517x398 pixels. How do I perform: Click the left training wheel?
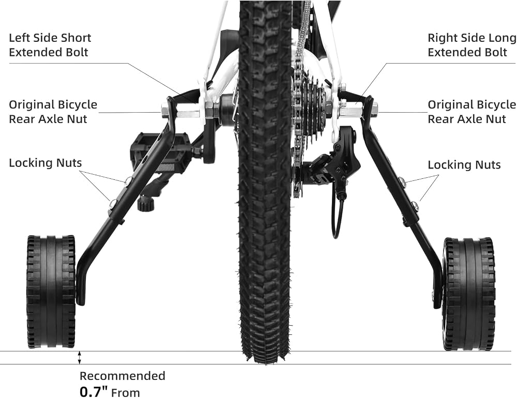pyautogui.click(x=51, y=292)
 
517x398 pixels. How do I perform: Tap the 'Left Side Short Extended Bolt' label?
pyautogui.click(x=50, y=45)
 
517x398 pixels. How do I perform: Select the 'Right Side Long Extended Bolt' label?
pyautogui.click(x=472, y=45)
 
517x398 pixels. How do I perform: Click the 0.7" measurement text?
pyautogui.click(x=94, y=392)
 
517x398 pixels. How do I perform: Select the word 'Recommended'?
pyautogui.click(x=123, y=376)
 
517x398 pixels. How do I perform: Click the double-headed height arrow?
pyautogui.click(x=79, y=358)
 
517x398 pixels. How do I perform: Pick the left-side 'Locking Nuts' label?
pyautogui.click(x=45, y=163)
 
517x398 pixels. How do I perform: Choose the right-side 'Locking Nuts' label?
pyautogui.click(x=464, y=165)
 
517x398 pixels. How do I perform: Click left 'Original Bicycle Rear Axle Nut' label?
pyautogui.click(x=53, y=112)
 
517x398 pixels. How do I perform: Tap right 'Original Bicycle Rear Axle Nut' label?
pyautogui.click(x=472, y=112)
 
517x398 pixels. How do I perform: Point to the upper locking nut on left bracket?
pyautogui.click(x=129, y=180)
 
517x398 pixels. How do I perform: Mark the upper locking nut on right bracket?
pyautogui.click(x=402, y=181)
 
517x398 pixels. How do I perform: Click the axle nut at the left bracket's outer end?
pyautogui.click(x=165, y=110)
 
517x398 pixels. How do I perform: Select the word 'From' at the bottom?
pyautogui.click(x=126, y=393)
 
